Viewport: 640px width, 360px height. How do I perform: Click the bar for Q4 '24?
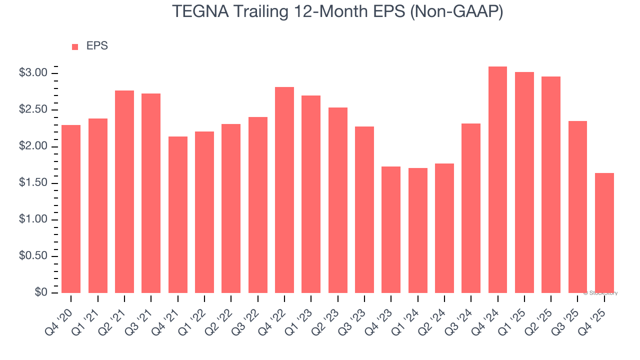point(497,180)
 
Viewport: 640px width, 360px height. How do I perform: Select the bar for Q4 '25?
point(604,233)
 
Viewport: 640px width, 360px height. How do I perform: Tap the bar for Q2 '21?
point(124,192)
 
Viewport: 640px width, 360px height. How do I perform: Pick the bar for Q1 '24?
point(417,230)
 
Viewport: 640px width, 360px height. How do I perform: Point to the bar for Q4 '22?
point(284,190)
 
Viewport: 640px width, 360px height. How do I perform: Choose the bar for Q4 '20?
point(71,209)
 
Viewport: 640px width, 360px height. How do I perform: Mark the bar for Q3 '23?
point(364,210)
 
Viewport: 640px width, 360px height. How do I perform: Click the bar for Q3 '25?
point(577,207)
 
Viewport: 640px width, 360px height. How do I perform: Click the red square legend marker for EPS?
point(75,47)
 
